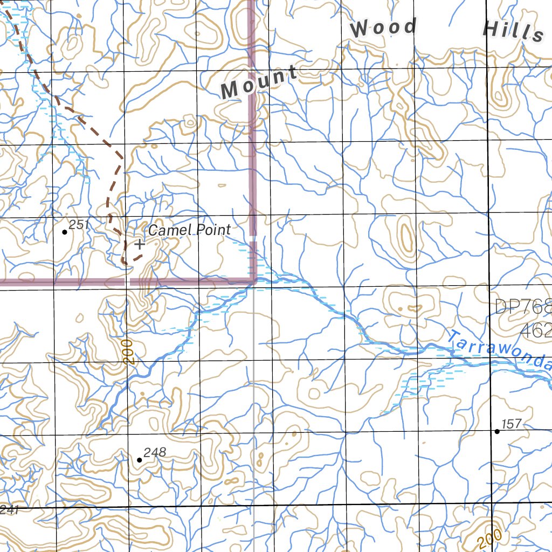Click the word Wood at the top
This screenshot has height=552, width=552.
pos(384,28)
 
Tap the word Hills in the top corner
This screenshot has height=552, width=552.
pos(513,31)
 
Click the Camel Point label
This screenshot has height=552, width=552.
pos(189,230)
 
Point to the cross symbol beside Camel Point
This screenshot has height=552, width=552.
pos(140,244)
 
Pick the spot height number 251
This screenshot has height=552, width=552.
pos(79,225)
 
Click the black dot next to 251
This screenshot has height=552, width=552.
pos(65,232)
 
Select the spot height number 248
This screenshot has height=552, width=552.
pos(155,452)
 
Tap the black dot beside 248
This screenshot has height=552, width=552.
pos(140,460)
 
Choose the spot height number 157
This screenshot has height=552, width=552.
pos(512,424)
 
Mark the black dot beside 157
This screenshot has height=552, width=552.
pos(497,431)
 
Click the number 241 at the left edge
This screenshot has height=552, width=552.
pos(9,510)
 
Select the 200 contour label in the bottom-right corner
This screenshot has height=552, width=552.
pos(489,538)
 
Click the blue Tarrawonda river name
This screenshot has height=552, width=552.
pos(499,351)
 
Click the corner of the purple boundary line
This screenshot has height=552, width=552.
pos(253,280)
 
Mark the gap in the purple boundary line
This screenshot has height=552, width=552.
pos(127,281)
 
